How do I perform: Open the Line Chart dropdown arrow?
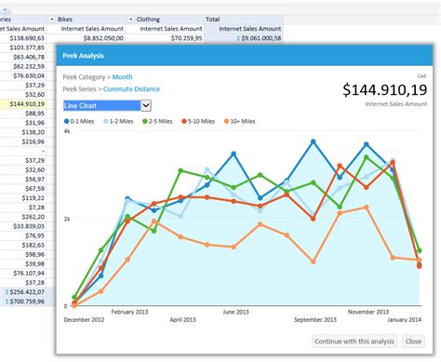click(x=146, y=106)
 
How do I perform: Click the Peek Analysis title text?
click(x=84, y=56)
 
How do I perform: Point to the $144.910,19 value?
click(x=384, y=90)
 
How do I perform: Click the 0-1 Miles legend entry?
click(x=81, y=122)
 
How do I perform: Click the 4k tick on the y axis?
click(x=66, y=132)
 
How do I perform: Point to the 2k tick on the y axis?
click(x=66, y=219)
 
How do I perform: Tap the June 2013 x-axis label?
click(x=234, y=312)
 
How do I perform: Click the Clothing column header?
click(x=148, y=19)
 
